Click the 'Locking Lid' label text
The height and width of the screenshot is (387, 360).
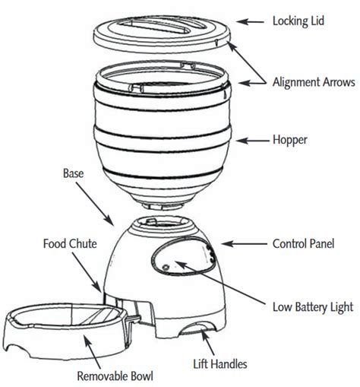[298, 21]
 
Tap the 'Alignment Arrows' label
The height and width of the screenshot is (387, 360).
[314, 82]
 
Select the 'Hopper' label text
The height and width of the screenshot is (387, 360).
[290, 140]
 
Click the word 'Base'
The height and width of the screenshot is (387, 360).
[73, 173]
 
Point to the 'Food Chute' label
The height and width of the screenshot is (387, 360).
[70, 244]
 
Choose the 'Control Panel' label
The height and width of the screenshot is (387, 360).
[303, 244]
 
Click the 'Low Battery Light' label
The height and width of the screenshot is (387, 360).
[313, 307]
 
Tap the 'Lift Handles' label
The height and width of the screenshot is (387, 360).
[220, 364]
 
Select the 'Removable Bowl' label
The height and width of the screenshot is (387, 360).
[115, 376]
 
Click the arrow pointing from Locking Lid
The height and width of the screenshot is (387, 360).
[250, 22]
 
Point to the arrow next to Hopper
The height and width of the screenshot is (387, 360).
[252, 141]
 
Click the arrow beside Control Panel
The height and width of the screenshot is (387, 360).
[244, 244]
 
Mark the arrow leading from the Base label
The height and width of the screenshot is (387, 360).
[95, 204]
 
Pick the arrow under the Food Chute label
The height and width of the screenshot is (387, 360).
[87, 272]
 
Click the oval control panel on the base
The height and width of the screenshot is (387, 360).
[184, 256]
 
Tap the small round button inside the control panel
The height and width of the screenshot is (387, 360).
[166, 268]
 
